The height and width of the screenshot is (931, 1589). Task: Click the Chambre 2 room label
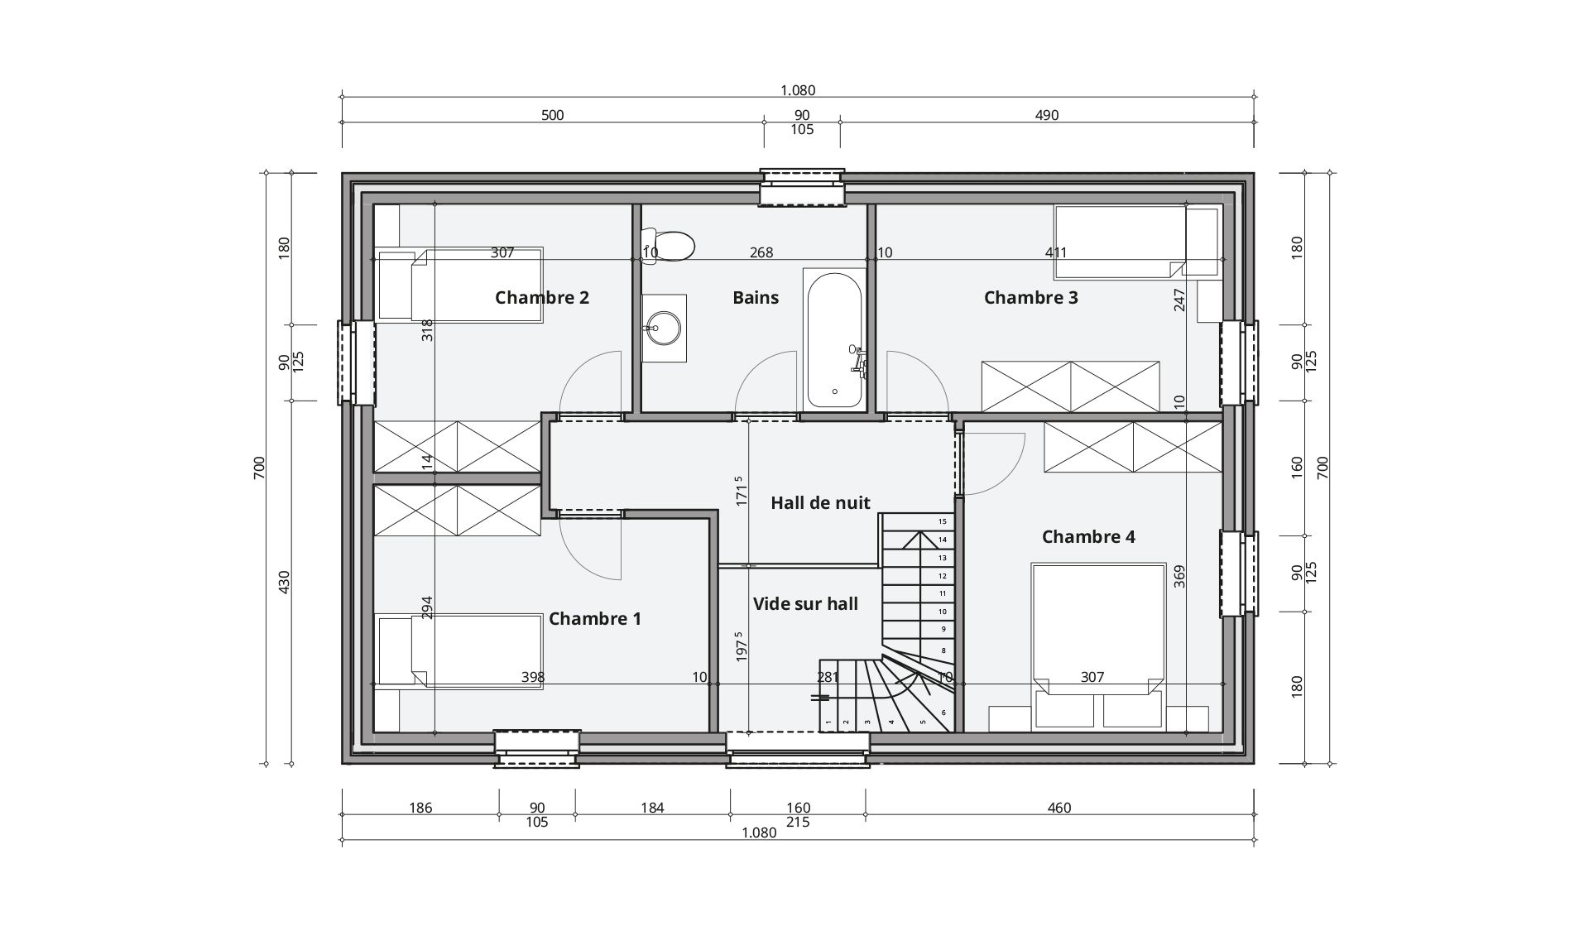542,297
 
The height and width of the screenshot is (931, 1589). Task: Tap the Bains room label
756,297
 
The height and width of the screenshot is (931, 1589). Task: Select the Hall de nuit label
820,502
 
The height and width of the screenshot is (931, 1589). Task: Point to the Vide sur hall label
805,603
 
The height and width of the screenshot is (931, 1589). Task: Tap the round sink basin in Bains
663,328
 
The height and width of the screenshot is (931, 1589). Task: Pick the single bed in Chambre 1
460,650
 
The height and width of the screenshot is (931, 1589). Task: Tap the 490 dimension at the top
1047,115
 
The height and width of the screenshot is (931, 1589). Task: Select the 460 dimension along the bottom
1059,808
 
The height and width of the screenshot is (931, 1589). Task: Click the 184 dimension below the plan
652,808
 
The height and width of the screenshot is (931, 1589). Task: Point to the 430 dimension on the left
284,582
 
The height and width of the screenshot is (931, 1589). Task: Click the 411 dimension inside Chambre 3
1056,252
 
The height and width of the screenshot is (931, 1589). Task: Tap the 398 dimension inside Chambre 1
533,677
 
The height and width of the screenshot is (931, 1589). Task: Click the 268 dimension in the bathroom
761,252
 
